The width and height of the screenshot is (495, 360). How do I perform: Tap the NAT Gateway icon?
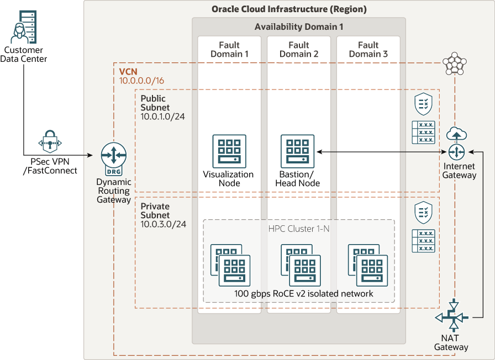pos(452,317)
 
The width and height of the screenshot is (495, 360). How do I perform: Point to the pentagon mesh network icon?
pos(454,63)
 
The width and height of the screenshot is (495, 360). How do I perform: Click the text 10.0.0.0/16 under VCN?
pos(141,81)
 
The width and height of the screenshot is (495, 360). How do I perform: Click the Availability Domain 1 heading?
pos(299,27)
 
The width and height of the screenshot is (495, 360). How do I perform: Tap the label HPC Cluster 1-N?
pos(299,229)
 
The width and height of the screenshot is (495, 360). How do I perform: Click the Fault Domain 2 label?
pos(299,49)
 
